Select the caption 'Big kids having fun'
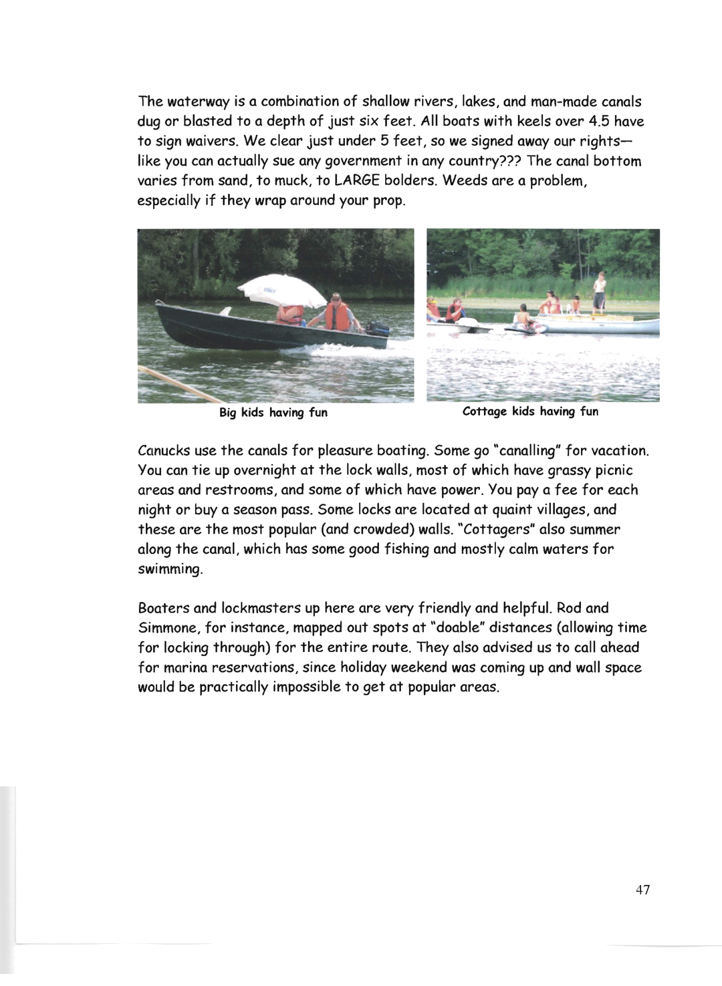pos(273,413)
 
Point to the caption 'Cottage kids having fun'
pos(530,412)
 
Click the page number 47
pos(642,890)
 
